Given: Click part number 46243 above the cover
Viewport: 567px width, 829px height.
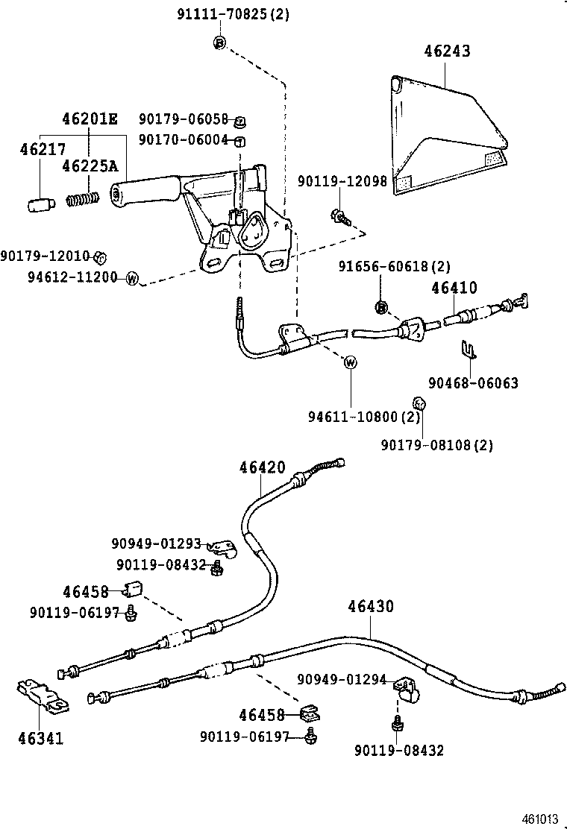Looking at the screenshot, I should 448,51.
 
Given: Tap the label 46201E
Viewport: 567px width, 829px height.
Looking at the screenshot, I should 90,119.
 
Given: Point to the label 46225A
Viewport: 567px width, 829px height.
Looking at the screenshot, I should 89,165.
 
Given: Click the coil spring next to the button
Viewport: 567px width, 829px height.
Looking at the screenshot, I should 83,200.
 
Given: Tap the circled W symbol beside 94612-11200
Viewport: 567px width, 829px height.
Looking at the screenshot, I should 132,279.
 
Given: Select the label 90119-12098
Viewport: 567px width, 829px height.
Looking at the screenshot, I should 342,182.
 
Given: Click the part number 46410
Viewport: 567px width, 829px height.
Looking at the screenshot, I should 454,288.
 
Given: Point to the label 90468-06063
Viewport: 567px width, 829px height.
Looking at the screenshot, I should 473,383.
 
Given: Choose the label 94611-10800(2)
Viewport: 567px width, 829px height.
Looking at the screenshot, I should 365,416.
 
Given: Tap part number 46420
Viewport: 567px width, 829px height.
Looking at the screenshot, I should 263,467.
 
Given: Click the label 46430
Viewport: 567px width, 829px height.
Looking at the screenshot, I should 370,606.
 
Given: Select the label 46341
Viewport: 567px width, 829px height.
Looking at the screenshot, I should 40,739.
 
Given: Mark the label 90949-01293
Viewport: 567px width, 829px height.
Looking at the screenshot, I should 157,544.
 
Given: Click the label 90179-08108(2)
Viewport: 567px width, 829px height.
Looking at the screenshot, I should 437,445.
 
